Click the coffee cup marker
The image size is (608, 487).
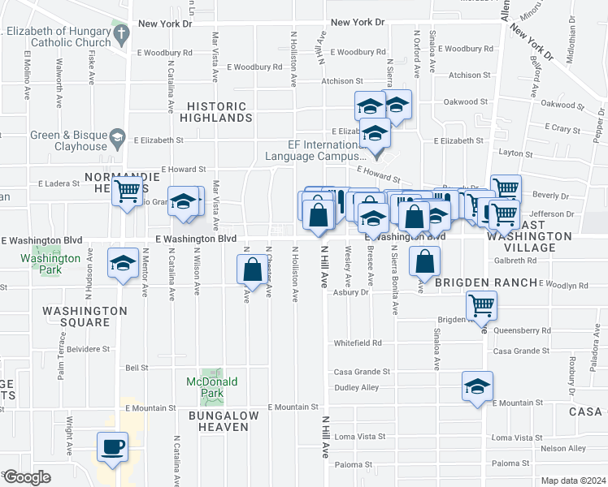pyautogui.click(x=112, y=446)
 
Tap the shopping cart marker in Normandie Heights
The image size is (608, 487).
pyautogui.click(x=127, y=192)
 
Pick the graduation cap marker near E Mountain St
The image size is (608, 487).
pyautogui.click(x=477, y=386)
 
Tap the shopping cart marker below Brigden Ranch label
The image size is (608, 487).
pyautogui.click(x=481, y=306)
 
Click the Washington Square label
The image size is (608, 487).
pyautogui.click(x=85, y=317)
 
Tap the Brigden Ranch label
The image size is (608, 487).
pyautogui.click(x=485, y=282)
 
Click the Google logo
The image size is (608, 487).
pyautogui.click(x=26, y=477)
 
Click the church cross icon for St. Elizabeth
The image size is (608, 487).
pyautogui.click(x=121, y=34)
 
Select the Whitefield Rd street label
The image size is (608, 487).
pyautogui.click(x=358, y=343)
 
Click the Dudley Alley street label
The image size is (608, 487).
pyautogui.click(x=358, y=387)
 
